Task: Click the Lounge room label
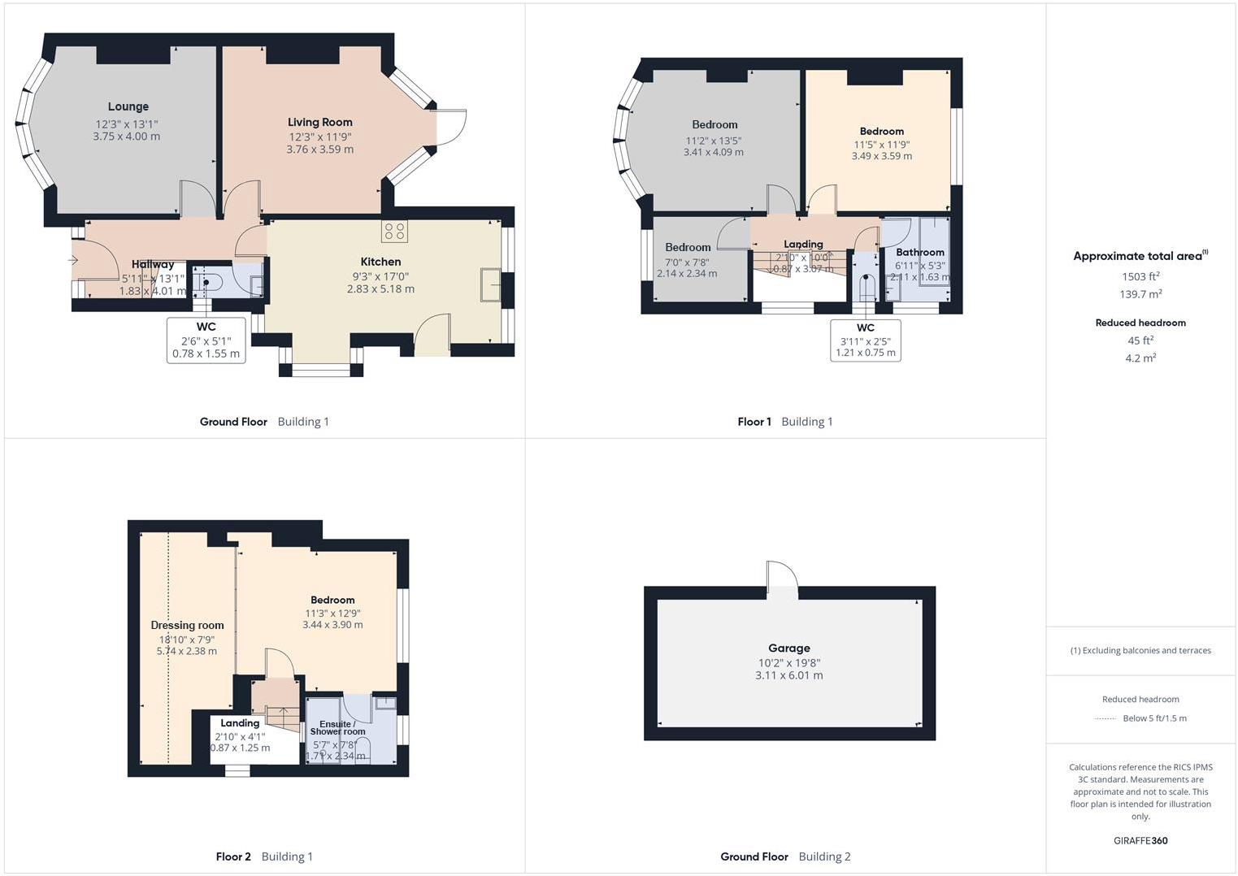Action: tap(128, 106)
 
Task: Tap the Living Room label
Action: tap(319, 122)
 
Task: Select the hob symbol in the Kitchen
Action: tap(394, 231)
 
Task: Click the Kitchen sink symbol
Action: tap(491, 284)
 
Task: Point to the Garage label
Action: tap(788, 648)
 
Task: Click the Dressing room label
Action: tap(187, 625)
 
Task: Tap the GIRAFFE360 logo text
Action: tap(1140, 840)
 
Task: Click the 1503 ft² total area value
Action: tap(1140, 276)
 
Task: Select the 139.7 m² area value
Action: tap(1140, 294)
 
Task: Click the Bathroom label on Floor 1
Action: tap(919, 252)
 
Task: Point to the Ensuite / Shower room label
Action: tap(337, 727)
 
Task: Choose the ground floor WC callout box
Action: tap(206, 340)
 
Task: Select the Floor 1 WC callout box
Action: tap(865, 340)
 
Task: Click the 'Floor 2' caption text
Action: tap(233, 856)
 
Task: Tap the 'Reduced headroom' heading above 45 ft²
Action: tap(1140, 323)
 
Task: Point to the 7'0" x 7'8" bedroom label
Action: tap(687, 262)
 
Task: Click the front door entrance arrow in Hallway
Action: tap(73, 260)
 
